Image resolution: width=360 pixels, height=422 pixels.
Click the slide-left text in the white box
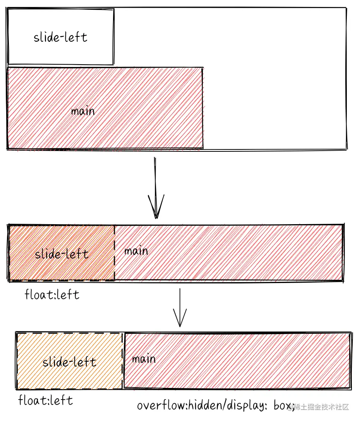(x=60, y=37)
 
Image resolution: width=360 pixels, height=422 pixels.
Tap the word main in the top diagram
(x=83, y=112)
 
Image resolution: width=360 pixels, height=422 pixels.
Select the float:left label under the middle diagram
(x=52, y=295)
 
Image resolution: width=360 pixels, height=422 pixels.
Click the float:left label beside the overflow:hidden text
(x=45, y=400)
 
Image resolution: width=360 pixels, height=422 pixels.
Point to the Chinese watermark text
(x=321, y=407)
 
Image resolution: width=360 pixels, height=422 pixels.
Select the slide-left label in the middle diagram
(x=62, y=254)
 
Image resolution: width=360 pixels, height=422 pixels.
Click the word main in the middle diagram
(x=136, y=251)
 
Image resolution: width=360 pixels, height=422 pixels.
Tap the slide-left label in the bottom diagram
(x=69, y=362)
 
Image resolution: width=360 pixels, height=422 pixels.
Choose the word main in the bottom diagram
(x=144, y=359)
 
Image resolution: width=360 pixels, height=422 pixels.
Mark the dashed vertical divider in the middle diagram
(x=115, y=252)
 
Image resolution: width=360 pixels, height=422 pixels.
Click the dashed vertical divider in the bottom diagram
(x=123, y=360)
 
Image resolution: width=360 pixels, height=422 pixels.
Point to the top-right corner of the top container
(x=346, y=8)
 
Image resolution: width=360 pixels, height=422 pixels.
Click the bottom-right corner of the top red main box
(x=202, y=148)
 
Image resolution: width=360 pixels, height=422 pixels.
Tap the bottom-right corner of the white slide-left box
(x=113, y=64)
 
